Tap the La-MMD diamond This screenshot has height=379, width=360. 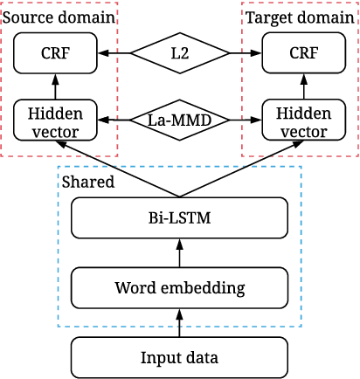click(x=179, y=121)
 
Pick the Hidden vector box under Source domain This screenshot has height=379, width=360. click(x=54, y=121)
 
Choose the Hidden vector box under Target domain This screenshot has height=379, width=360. click(x=303, y=121)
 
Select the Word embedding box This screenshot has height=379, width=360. click(x=179, y=286)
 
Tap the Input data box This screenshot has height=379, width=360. click(x=179, y=357)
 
